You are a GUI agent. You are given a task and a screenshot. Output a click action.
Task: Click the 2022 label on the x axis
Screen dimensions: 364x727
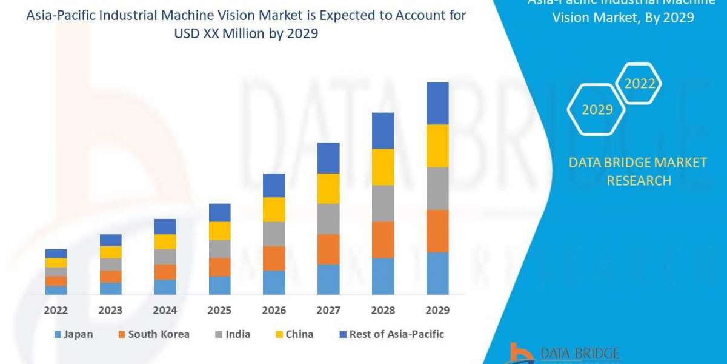pos(56,311)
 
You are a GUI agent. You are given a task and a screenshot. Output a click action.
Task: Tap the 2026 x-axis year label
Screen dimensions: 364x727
pos(274,311)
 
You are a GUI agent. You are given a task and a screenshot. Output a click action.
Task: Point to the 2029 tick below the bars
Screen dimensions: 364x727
pos(437,311)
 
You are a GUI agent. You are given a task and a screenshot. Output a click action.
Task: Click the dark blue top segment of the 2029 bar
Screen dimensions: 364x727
pos(437,103)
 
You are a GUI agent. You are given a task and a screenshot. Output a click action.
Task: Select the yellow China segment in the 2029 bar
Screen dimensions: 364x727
pos(437,146)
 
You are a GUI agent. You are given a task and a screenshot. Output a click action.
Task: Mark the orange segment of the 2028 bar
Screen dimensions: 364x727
pos(383,240)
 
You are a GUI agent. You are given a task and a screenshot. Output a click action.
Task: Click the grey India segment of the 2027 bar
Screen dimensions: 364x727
pos(328,218)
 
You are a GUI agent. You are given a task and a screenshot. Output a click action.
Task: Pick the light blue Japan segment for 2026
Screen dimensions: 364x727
pos(274,282)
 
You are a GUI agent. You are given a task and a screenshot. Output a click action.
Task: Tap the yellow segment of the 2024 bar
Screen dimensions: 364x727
pos(165,241)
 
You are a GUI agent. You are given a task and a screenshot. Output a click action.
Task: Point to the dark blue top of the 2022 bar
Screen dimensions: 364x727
pos(56,254)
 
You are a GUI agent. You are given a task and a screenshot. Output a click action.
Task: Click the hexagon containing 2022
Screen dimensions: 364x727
pos(639,84)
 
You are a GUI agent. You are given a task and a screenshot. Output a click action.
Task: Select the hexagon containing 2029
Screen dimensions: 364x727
pos(597,110)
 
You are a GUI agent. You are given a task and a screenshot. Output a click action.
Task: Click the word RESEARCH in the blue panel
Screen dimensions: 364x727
pos(639,181)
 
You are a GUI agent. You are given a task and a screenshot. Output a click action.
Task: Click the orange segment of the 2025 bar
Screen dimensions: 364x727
pos(220,267)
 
